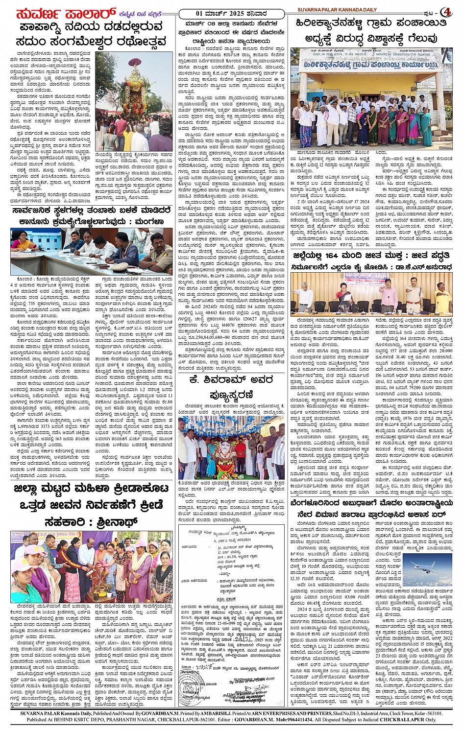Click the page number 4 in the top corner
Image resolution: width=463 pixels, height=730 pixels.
coord(447,11)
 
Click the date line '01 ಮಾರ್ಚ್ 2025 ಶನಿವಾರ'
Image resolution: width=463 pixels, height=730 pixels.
coord(230,13)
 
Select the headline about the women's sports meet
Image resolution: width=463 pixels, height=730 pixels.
coord(90,507)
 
